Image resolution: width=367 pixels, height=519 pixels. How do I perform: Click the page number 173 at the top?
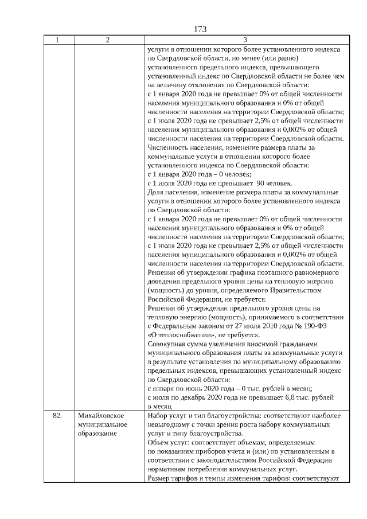point(200,29)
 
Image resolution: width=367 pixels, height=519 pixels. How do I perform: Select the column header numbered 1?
point(58,40)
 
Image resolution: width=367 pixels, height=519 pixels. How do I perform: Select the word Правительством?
point(298,290)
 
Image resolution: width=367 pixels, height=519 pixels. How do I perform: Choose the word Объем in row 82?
point(157,442)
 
